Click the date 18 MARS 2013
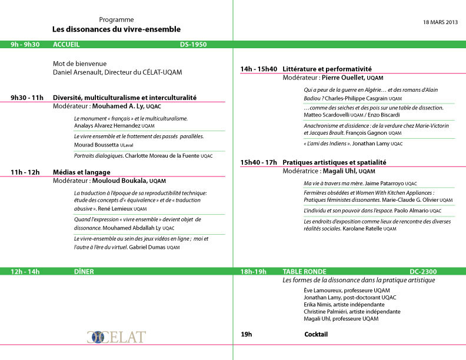click(x=440, y=22)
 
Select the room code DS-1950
click(x=193, y=44)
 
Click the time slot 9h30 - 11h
click(x=27, y=98)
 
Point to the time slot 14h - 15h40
click(x=258, y=69)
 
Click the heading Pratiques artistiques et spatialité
click(x=334, y=162)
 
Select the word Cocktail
click(x=316, y=334)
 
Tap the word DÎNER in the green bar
click(x=64, y=272)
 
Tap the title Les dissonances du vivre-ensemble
click(x=116, y=29)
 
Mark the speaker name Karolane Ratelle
click(x=359, y=229)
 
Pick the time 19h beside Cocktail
click(x=247, y=334)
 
